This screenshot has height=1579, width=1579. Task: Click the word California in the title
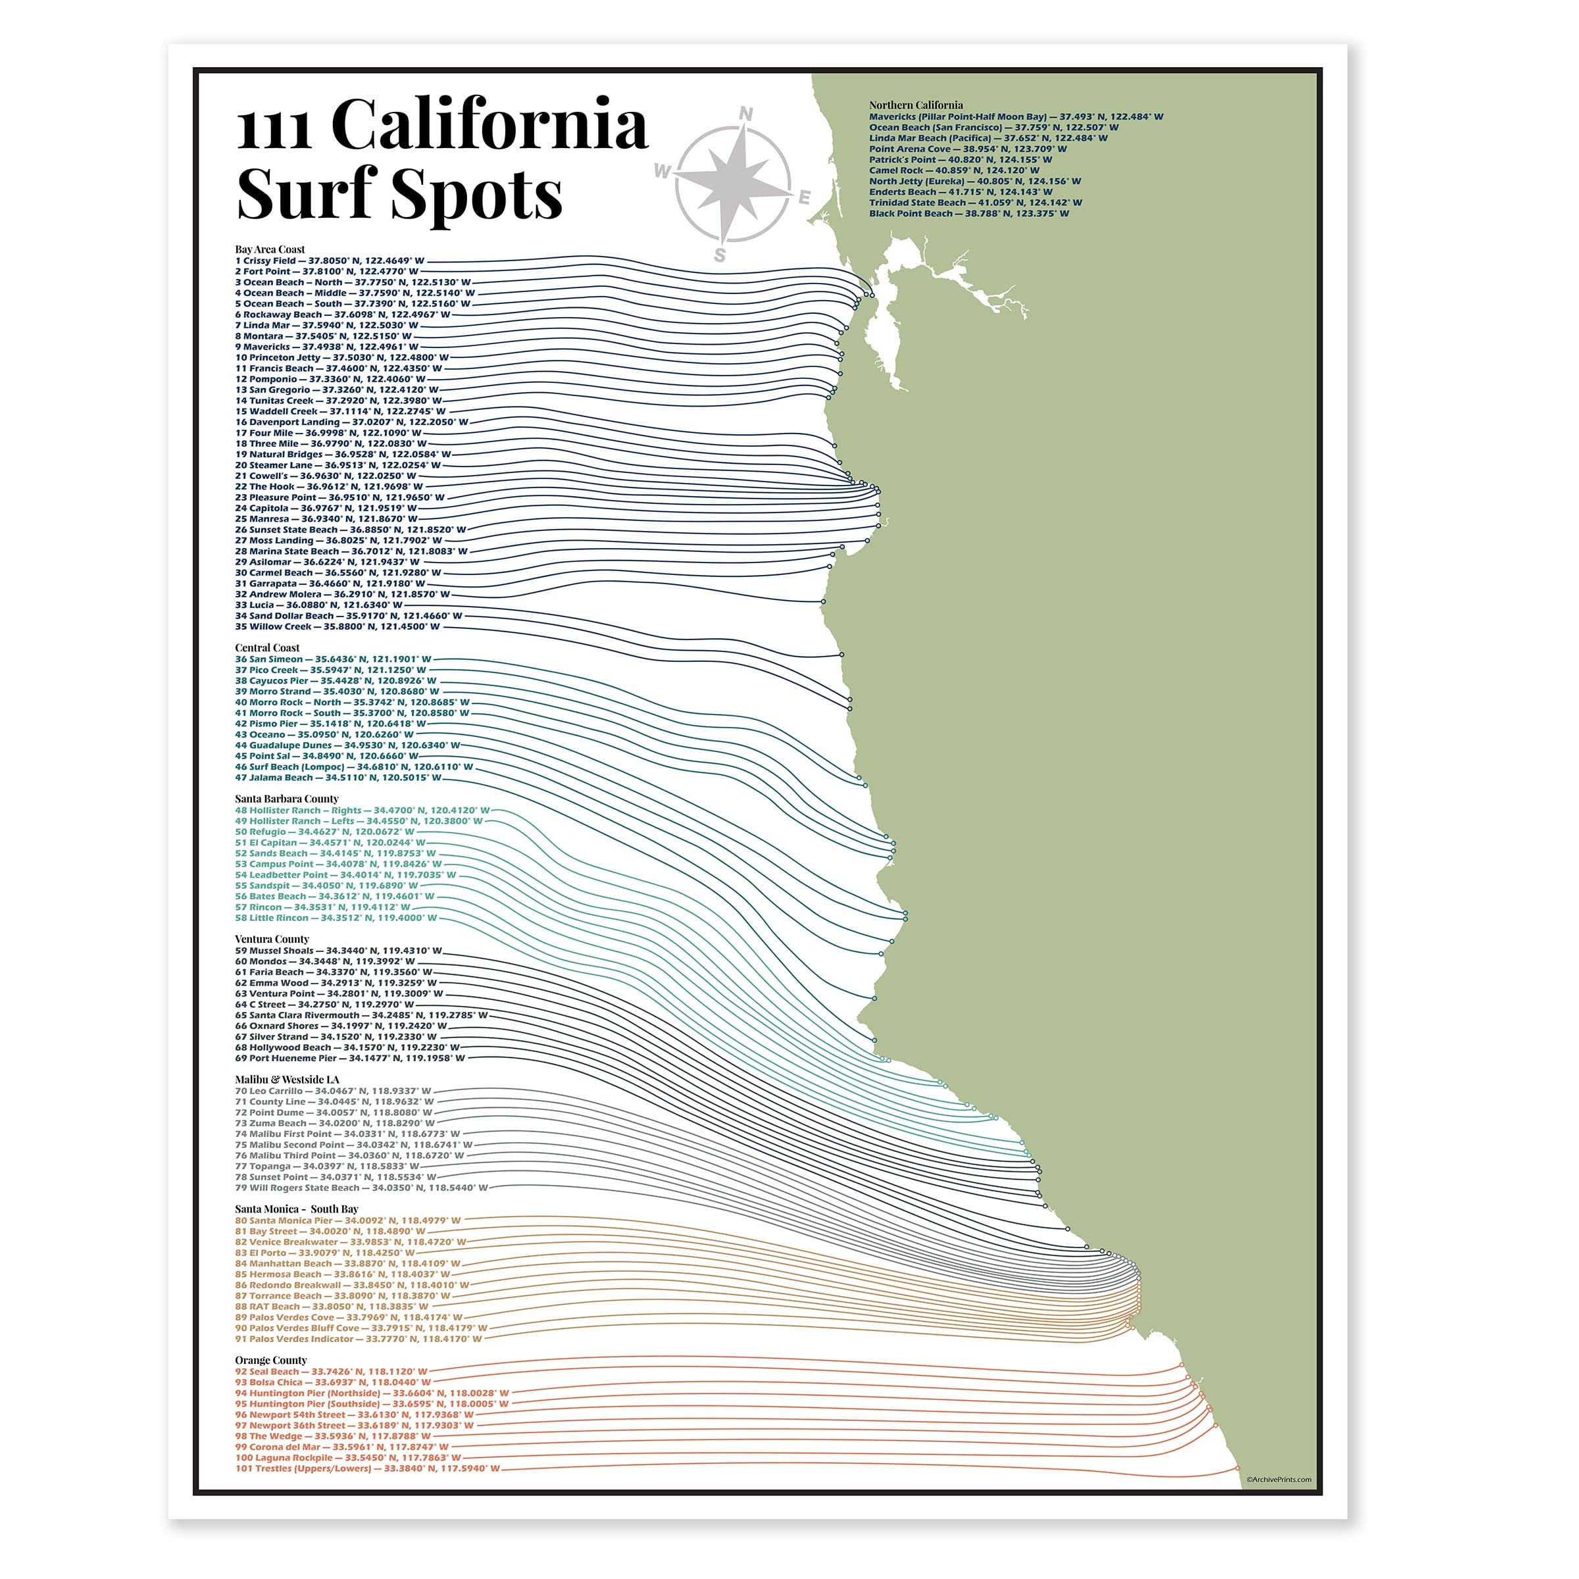[x=490, y=124]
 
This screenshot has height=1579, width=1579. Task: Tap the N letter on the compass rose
[x=745, y=114]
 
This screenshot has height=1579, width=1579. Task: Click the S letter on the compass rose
[x=719, y=255]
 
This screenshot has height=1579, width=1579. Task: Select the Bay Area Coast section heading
[x=270, y=249]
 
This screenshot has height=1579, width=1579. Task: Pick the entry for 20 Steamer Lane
[x=338, y=465]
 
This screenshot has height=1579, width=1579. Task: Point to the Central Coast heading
[x=267, y=647]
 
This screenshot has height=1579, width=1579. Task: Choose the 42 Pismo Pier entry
[x=330, y=723]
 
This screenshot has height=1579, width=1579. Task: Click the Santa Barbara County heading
[x=286, y=799]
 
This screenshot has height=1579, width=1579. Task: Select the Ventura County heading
[x=272, y=939]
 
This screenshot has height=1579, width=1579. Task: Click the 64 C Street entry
[x=324, y=1005]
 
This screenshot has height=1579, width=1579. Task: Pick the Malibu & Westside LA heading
[x=287, y=1080]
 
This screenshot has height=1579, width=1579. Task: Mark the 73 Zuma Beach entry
[x=334, y=1123]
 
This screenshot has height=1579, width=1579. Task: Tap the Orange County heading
[x=270, y=1360]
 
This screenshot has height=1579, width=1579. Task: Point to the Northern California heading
[x=915, y=105]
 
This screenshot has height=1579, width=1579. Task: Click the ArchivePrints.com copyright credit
[x=1279, y=1479]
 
